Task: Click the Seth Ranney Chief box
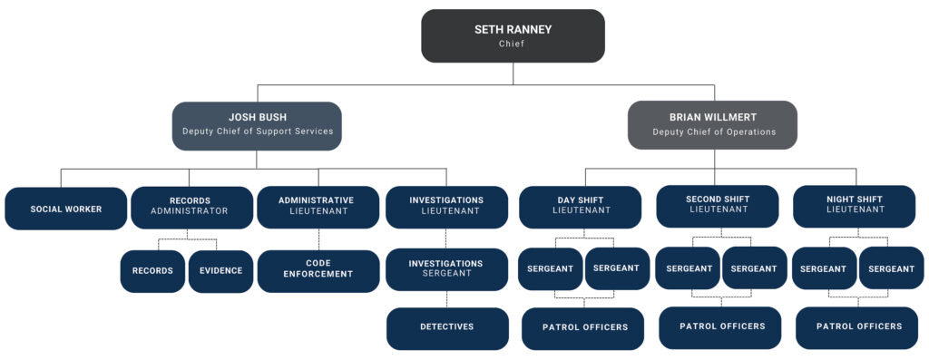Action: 513,36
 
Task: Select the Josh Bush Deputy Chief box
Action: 257,125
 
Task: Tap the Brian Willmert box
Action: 713,125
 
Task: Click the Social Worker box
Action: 65,209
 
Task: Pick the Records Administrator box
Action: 191,207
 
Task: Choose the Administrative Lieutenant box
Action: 317,207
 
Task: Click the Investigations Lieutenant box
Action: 445,207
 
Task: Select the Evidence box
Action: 221,271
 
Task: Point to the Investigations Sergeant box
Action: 445,269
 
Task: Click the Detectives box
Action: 446,327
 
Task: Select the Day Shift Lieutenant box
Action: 579,207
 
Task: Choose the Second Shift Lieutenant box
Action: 717,206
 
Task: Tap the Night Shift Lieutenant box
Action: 853,206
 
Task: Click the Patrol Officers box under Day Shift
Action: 584,328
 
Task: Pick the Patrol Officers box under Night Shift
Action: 858,327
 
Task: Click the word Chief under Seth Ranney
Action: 513,44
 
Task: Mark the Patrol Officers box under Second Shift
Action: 721,327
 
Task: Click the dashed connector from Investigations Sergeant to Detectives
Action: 446,299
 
